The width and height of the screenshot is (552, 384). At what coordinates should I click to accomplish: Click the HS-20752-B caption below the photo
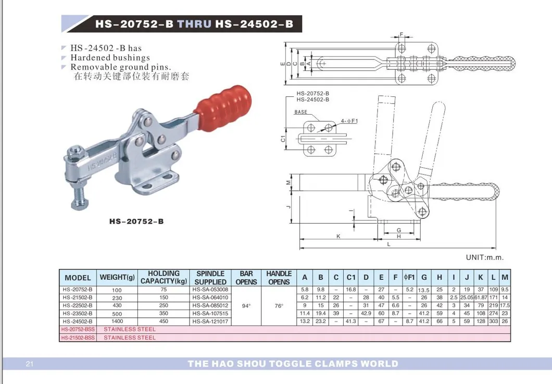coord(136,221)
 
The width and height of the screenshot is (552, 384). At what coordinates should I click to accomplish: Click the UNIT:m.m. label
coord(484,257)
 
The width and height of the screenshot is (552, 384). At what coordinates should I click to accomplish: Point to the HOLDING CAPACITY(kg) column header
coord(164,277)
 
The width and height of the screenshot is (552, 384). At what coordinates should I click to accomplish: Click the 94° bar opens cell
coord(246,305)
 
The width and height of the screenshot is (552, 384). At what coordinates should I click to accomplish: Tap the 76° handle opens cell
coord(279,305)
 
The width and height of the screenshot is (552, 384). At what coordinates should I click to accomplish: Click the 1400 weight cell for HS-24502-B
coord(117,321)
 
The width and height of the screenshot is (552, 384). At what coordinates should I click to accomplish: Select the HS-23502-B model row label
coord(77,314)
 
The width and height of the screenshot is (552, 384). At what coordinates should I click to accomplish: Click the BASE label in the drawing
coord(300,112)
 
